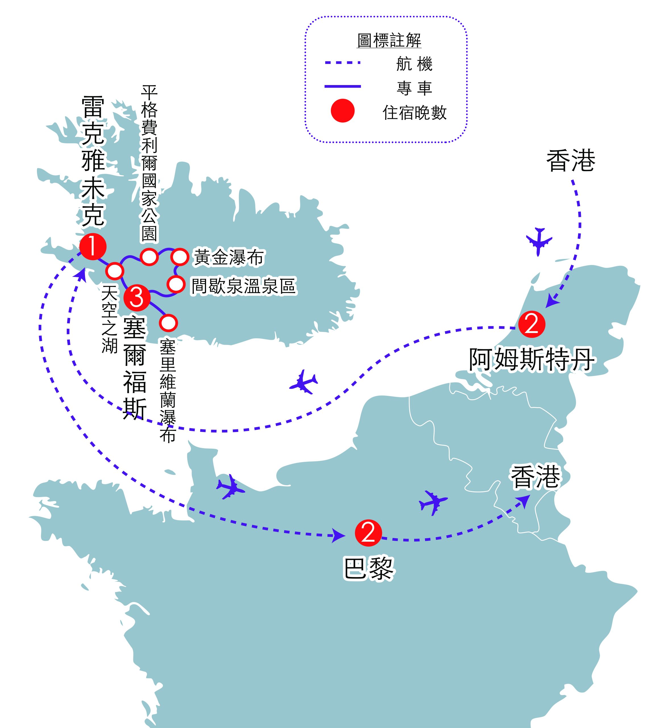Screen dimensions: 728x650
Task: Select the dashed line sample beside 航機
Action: click(x=342, y=63)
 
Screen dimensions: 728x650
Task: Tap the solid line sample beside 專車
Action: click(x=342, y=86)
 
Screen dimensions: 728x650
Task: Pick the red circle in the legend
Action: click(x=342, y=111)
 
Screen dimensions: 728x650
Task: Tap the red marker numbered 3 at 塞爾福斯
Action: click(x=137, y=297)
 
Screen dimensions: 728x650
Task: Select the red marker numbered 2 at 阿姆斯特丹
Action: click(x=532, y=324)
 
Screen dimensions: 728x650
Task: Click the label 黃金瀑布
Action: click(x=229, y=257)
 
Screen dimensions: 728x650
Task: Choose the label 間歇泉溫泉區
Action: click(x=244, y=286)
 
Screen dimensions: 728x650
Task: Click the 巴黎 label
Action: click(x=368, y=568)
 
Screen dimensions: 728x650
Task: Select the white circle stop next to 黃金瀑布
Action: click(x=180, y=257)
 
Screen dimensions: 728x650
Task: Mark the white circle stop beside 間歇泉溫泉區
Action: click(x=176, y=284)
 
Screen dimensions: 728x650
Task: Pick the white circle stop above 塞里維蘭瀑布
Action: click(x=168, y=323)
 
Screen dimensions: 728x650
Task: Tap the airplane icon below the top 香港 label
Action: click(x=539, y=241)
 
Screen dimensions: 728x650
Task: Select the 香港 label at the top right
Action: click(x=571, y=161)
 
